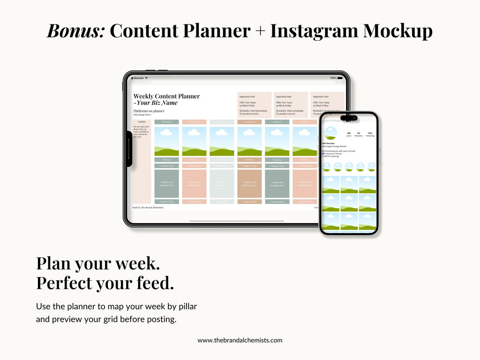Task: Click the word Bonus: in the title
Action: [x=75, y=31]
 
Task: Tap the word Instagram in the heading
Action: [x=313, y=31]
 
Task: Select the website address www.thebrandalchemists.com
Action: [x=240, y=340]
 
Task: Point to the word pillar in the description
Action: [x=185, y=307]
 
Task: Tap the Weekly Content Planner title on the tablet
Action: [x=166, y=96]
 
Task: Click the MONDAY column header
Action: [x=166, y=122]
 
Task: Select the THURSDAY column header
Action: [x=249, y=122]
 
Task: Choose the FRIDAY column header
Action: [x=277, y=122]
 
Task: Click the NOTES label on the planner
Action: [x=142, y=122]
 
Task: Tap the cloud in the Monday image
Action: [x=166, y=133]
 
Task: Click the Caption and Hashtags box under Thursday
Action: [x=249, y=184]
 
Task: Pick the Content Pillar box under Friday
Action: [x=277, y=202]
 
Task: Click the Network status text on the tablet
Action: [x=139, y=78]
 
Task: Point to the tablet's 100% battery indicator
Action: [x=333, y=78]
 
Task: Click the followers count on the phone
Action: [x=359, y=134]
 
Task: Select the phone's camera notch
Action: [x=349, y=118]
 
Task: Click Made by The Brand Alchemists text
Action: [x=148, y=207]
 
